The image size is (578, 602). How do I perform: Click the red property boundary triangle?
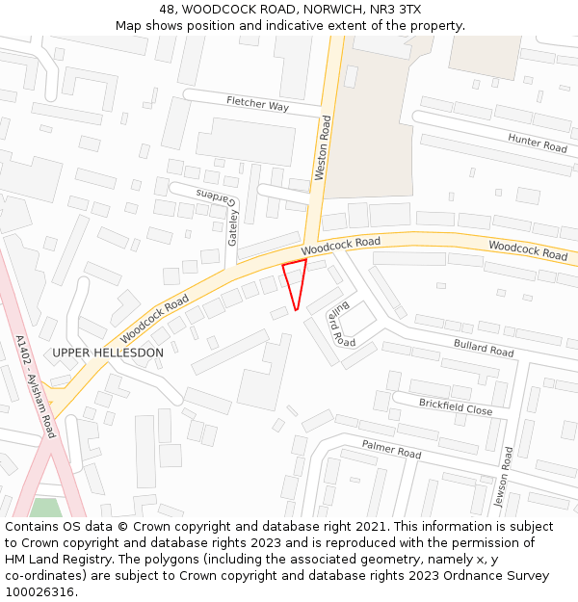[x=296, y=280]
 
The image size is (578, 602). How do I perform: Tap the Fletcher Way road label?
[x=257, y=104]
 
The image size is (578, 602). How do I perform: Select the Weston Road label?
[x=324, y=148]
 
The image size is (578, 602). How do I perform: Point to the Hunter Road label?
[x=538, y=143]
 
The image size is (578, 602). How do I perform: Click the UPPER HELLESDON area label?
[x=108, y=353]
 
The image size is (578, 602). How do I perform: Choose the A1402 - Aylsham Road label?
[x=36, y=386]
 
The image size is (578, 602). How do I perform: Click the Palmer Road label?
[x=391, y=448]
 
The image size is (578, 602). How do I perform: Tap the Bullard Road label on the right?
[x=484, y=347]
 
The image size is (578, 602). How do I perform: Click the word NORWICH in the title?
[x=334, y=9]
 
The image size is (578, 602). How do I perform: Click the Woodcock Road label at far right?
[x=528, y=250]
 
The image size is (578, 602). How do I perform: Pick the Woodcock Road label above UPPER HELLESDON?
[x=154, y=320]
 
